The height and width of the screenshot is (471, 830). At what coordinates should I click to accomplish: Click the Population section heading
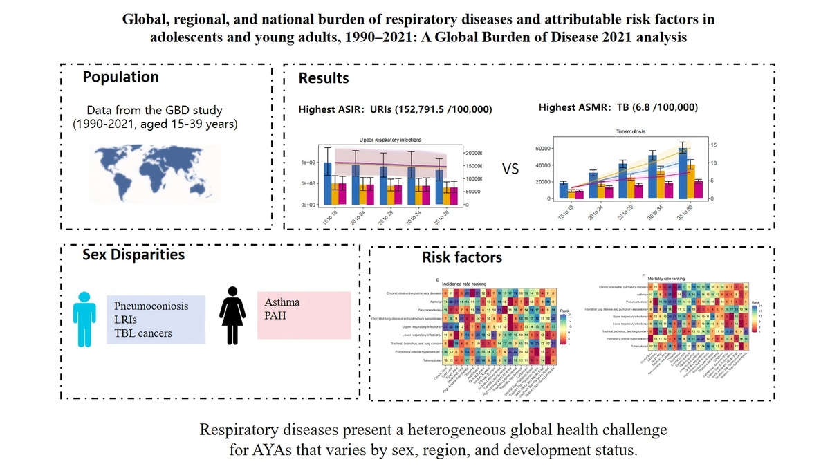[120, 77]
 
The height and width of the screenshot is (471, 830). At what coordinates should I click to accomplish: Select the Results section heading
[324, 78]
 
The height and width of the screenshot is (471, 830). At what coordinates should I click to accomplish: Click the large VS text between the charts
[509, 169]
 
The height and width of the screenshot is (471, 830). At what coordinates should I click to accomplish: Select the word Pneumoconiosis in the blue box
[151, 305]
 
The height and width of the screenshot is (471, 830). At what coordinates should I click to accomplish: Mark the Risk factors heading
[462, 258]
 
